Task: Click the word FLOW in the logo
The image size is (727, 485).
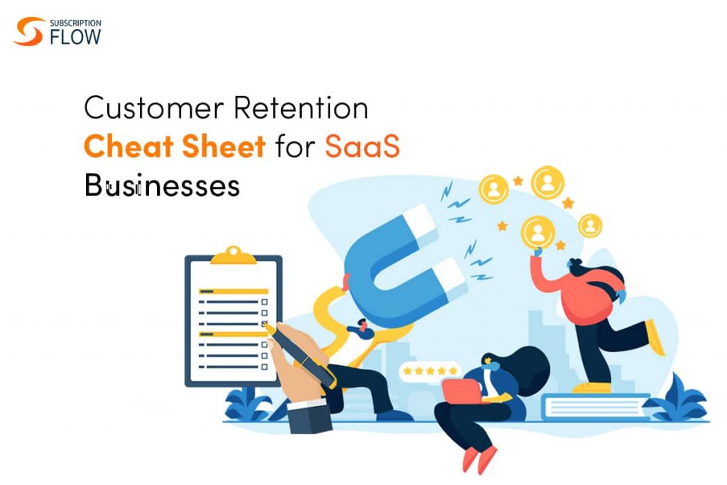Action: tap(75, 37)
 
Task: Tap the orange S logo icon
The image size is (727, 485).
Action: tap(28, 31)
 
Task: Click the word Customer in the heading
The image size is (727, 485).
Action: tap(153, 107)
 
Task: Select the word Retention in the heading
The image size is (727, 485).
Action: tap(301, 107)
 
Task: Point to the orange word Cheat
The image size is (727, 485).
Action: tap(129, 146)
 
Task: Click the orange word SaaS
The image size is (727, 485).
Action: tap(362, 146)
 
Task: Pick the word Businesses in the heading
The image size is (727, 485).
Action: tap(162, 185)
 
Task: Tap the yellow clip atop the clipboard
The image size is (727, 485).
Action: tap(234, 256)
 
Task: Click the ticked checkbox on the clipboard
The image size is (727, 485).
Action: tap(264, 324)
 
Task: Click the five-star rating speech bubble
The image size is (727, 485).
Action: tap(430, 371)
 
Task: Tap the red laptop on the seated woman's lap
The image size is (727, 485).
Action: tap(462, 391)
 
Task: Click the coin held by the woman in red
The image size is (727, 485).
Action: tap(538, 232)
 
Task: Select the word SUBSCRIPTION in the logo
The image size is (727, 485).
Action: tap(75, 23)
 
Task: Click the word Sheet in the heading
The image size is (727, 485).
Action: tap(224, 146)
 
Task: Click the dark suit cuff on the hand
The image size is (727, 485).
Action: tap(310, 416)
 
